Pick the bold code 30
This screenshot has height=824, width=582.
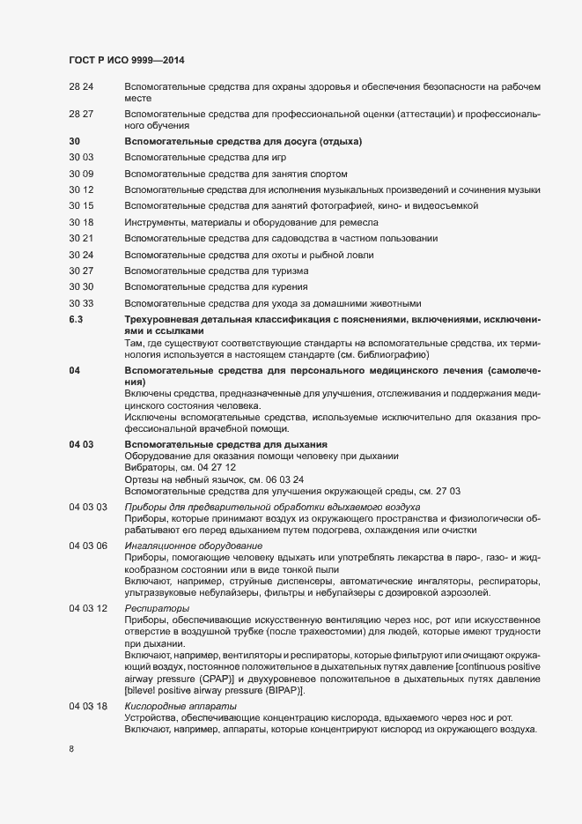click(74, 142)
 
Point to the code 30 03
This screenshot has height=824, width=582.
click(81, 158)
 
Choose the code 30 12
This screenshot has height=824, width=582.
click(81, 190)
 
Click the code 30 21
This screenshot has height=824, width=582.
click(81, 239)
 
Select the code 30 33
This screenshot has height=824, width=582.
click(81, 303)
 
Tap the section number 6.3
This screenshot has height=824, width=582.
click(76, 320)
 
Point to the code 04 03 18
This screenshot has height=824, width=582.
click(88, 683)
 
